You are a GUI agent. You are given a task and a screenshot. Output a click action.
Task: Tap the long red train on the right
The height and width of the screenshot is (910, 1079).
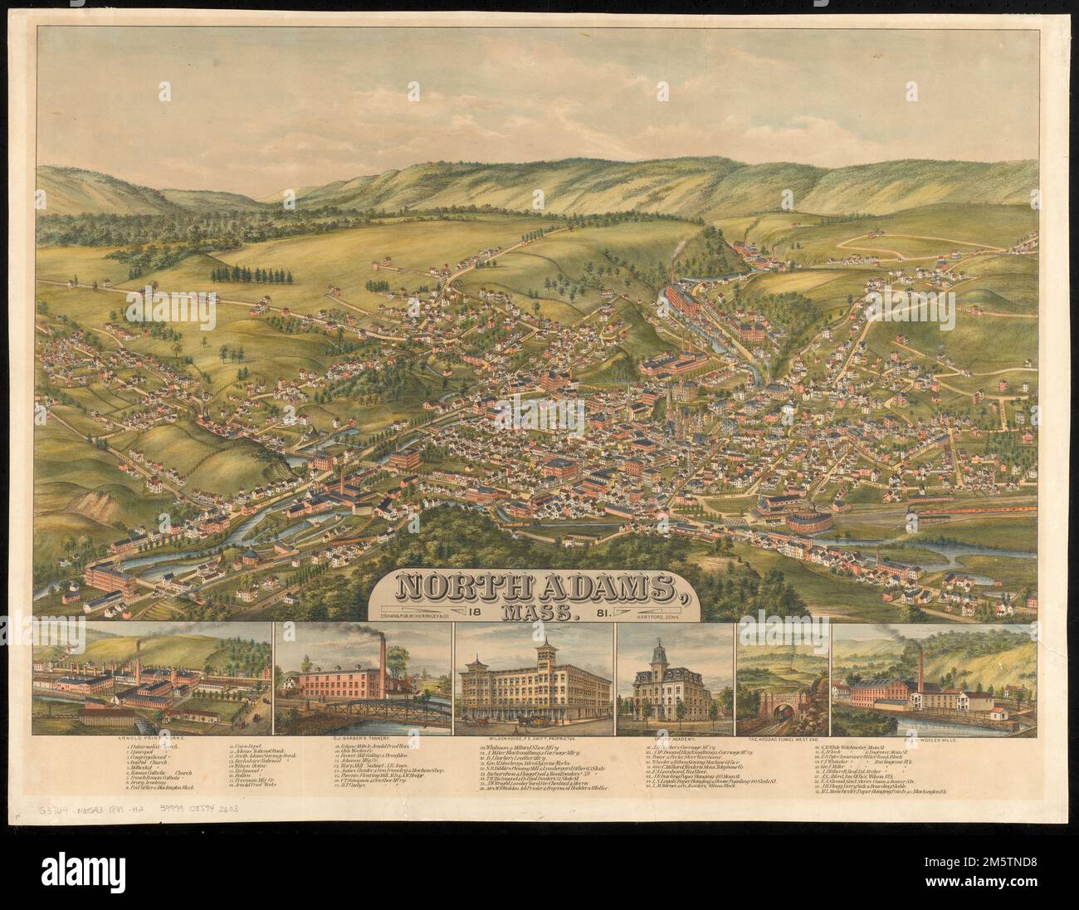click(x=992, y=513)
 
